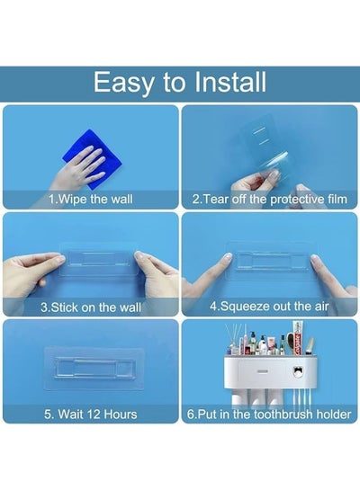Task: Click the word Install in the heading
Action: tap(230, 82)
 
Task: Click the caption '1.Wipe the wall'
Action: tap(91, 199)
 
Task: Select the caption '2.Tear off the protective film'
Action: tap(270, 199)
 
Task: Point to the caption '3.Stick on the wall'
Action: tap(91, 307)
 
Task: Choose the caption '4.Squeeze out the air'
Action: tap(269, 307)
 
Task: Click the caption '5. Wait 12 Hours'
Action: tap(91, 414)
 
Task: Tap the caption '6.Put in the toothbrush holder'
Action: tap(269, 414)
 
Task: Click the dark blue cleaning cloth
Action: tap(93, 159)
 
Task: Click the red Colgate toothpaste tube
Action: tap(297, 339)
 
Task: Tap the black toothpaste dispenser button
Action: tap(298, 371)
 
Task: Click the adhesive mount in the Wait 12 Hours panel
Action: tap(94, 368)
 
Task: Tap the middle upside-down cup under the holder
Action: tap(256, 397)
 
